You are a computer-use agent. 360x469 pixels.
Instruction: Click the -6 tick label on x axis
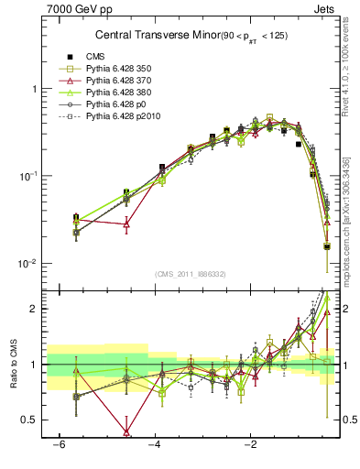click(x=59, y=445)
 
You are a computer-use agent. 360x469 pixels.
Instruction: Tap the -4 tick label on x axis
click(x=154, y=445)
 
